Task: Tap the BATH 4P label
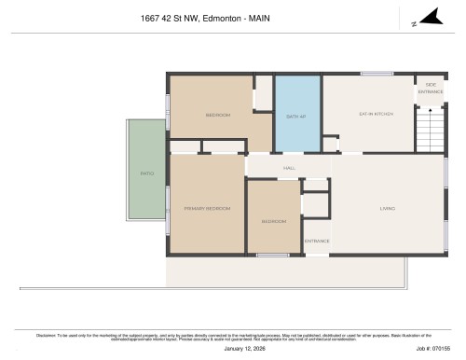[x=295, y=116]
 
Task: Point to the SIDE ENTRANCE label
[x=430, y=89]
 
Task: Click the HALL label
[x=277, y=168]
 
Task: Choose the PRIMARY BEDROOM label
[x=206, y=208]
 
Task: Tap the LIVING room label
[x=388, y=208]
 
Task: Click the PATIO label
[x=146, y=173]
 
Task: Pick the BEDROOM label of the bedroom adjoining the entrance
[x=273, y=221]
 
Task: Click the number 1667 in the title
[x=149, y=17]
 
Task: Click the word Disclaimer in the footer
[x=46, y=334]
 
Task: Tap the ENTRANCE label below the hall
[x=317, y=241]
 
